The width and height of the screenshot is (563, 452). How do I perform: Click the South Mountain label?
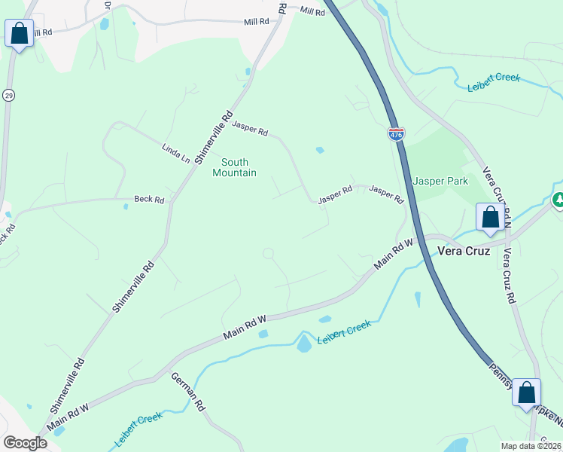[234, 167]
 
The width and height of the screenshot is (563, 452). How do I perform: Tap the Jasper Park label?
[440, 181]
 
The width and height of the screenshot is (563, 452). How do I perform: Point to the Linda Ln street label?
[175, 153]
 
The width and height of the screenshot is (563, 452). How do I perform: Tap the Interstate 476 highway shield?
[396, 135]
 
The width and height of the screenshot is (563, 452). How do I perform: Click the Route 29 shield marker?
[8, 96]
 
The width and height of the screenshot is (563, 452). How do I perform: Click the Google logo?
[25, 442]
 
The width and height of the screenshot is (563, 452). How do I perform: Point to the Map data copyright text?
[531, 446]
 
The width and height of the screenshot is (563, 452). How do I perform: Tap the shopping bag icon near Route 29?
[19, 34]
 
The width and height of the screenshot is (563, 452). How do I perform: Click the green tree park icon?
[558, 200]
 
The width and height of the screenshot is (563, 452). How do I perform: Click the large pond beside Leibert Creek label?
[304, 344]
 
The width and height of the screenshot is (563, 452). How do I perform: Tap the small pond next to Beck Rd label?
[126, 206]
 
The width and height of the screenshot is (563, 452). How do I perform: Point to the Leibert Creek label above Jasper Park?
[494, 82]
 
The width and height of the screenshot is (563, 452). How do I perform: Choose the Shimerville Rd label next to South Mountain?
[215, 138]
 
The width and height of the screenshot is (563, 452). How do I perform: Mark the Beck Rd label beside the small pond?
[149, 200]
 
